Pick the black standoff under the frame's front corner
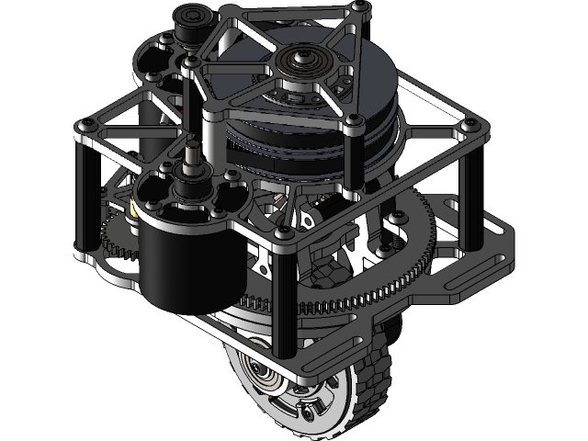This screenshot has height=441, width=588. [x=284, y=303]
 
